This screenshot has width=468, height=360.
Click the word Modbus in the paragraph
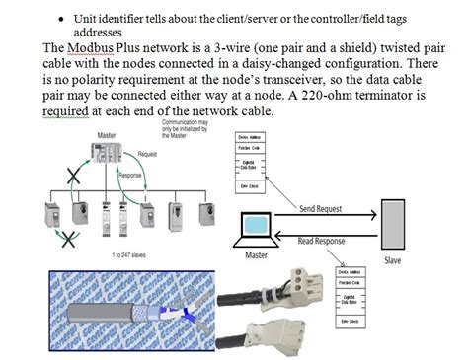click(x=98, y=46)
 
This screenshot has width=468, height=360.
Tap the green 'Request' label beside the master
click(x=148, y=154)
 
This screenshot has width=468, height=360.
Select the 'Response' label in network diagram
click(x=130, y=175)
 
